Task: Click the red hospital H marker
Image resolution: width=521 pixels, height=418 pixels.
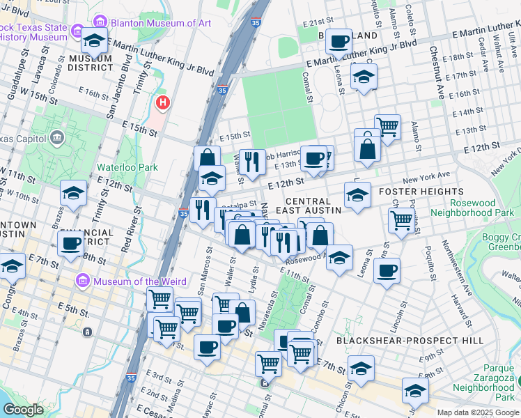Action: pyautogui.click(x=163, y=103)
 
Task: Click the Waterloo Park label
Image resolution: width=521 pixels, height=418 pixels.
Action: pyautogui.click(x=127, y=167)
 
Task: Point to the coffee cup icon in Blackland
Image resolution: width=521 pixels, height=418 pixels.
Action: pyautogui.click(x=339, y=41)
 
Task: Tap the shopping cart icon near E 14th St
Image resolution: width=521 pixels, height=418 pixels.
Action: pyautogui.click(x=387, y=127)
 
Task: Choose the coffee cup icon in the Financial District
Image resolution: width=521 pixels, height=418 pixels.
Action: pyautogui.click(x=71, y=244)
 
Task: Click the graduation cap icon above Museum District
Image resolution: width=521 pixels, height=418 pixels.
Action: pyautogui.click(x=94, y=41)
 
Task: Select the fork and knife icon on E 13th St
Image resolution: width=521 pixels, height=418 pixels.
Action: pyautogui.click(x=252, y=162)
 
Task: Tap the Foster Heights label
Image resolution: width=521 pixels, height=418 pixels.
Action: pyautogui.click(x=421, y=191)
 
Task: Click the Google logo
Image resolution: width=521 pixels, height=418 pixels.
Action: pyautogui.click(x=23, y=409)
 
